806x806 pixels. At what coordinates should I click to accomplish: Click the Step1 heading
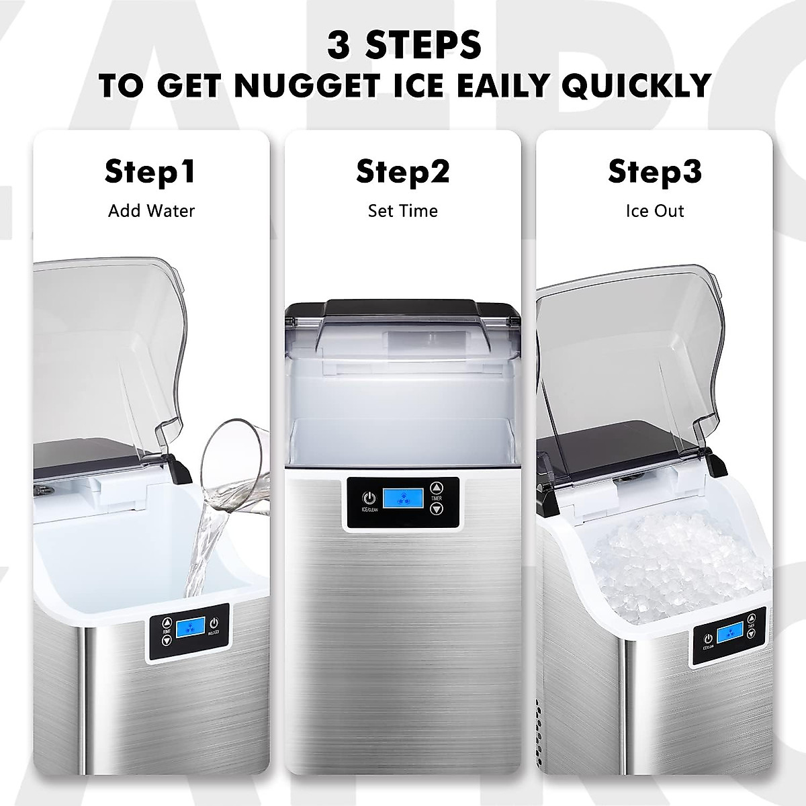(x=150, y=172)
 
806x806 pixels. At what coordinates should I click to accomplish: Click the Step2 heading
(x=402, y=172)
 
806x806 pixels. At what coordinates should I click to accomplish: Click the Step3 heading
(x=655, y=172)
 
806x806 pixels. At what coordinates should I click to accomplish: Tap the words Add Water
(x=151, y=211)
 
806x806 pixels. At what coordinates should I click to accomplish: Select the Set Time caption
(x=402, y=211)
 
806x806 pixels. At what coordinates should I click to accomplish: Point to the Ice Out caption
(x=655, y=211)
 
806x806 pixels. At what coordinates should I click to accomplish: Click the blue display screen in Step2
(x=402, y=499)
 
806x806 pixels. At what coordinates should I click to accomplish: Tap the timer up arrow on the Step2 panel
(x=437, y=488)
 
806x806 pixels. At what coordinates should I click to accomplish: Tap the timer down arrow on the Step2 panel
(x=437, y=509)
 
